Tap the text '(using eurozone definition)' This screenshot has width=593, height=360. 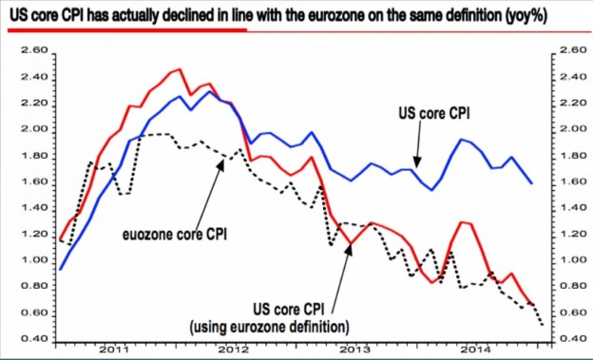[270, 327]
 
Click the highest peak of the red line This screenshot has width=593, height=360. [179, 69]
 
